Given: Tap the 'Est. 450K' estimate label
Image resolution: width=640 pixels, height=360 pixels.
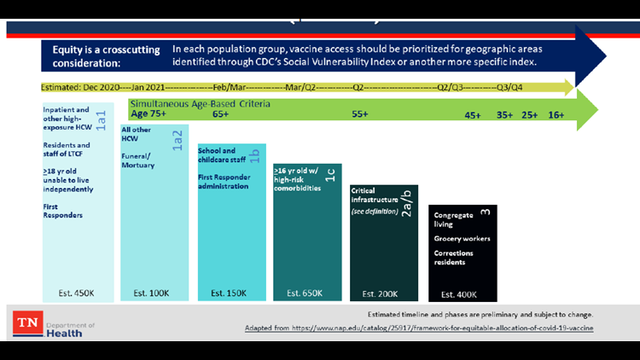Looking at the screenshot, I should (75, 293).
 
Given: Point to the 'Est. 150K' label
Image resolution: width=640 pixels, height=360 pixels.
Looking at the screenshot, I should (227, 293).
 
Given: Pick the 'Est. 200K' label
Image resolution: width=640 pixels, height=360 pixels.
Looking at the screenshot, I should (381, 293).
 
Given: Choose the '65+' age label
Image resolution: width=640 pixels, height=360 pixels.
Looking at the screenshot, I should (220, 113).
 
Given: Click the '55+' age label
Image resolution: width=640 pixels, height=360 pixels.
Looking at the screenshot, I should (360, 113).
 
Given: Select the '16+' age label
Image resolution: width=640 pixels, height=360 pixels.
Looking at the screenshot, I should (556, 114).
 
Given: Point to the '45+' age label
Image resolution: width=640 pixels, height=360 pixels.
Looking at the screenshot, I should (474, 114).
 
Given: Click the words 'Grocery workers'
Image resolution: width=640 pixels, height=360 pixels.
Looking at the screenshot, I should (462, 239).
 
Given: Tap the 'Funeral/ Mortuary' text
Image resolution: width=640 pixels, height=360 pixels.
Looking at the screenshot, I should (138, 160).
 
